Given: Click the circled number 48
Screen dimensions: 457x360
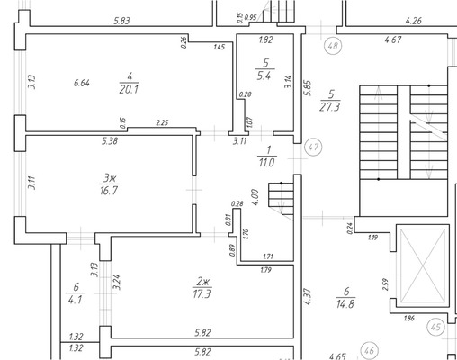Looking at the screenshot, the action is tap(333, 46).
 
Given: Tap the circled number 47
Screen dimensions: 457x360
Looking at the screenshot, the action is tap(313, 147).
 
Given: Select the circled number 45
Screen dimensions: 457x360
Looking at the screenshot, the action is tap(435, 327).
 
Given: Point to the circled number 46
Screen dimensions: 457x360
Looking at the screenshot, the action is tap(370, 350).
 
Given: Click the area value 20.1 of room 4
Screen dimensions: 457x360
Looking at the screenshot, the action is tap(129, 89).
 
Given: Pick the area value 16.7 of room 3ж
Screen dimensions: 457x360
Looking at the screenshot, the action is tap(109, 191).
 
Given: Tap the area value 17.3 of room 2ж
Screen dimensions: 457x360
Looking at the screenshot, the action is tap(202, 294).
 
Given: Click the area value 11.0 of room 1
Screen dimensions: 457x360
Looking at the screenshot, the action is tap(266, 163).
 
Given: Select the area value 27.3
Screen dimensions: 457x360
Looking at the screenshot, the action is tap(330, 107).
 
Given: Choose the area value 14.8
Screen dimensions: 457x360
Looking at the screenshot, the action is tap(345, 304).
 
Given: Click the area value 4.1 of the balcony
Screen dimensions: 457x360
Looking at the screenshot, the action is tap(75, 300).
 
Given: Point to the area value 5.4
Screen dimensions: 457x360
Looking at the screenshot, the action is tap(264, 76).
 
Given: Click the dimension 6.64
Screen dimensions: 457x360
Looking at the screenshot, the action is tap(82, 83).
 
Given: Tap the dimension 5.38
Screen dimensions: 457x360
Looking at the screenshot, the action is tap(110, 141).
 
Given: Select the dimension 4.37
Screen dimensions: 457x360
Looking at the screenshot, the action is tap(308, 296).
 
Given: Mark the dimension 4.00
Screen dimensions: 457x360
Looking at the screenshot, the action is tap(255, 197).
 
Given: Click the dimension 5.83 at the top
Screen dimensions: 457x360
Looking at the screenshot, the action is tap(121, 21).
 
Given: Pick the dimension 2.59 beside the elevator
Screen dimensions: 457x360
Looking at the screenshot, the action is tap(385, 284).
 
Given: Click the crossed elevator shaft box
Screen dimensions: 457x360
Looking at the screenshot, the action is tap(423, 265).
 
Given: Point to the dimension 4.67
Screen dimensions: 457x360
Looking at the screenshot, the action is tap(393, 40).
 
